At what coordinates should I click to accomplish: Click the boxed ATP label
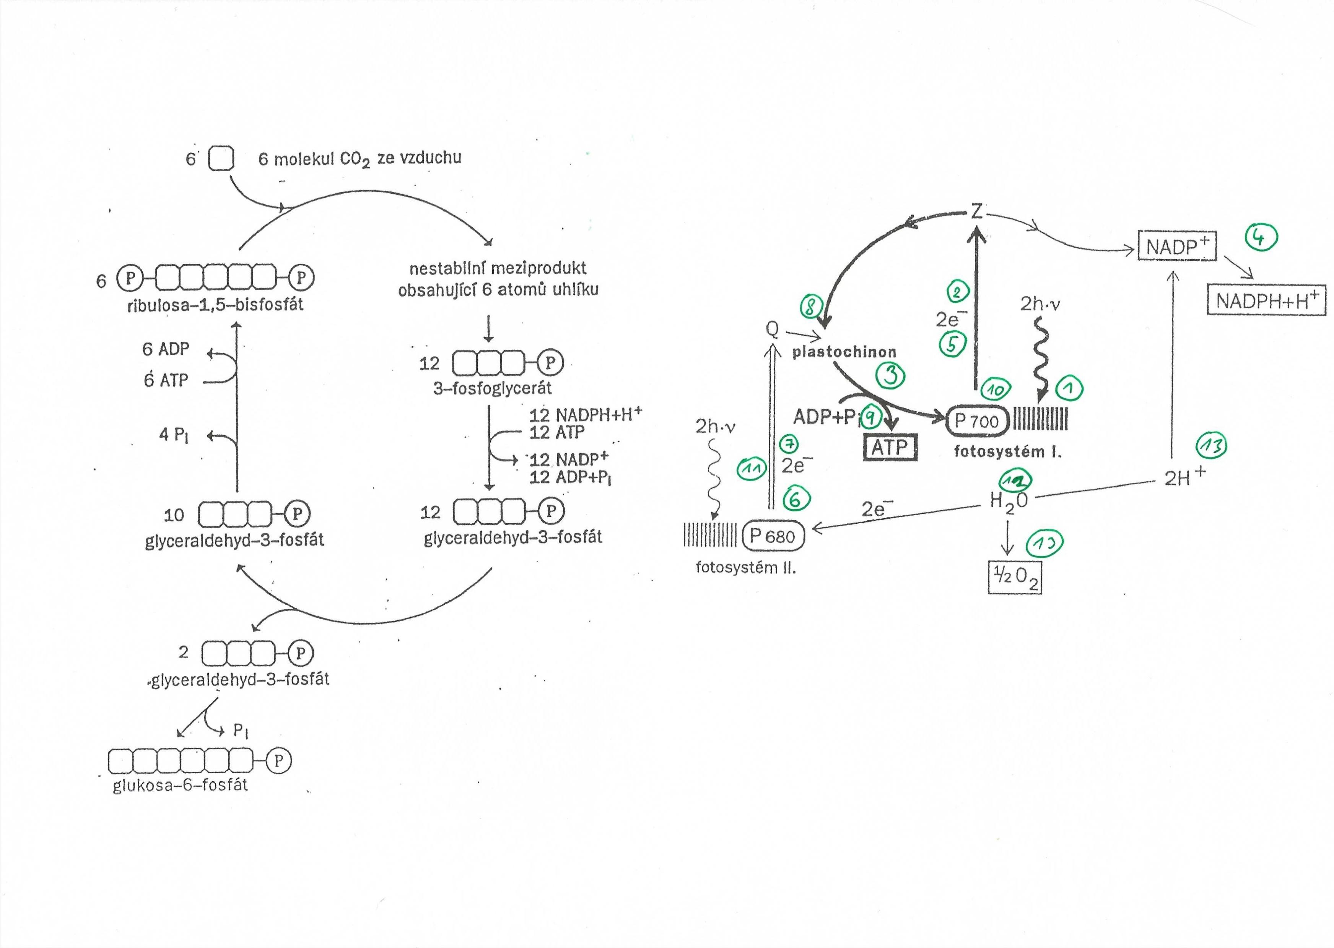(890, 448)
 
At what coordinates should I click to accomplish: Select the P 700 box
(976, 421)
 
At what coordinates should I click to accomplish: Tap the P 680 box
(773, 536)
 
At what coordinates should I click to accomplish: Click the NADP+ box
(1176, 246)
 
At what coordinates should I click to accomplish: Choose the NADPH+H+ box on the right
(1266, 300)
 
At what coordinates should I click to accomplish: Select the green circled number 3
(891, 375)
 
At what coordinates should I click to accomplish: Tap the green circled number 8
(811, 306)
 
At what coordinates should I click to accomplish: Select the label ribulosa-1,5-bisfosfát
(216, 304)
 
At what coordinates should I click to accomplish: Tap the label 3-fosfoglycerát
(492, 388)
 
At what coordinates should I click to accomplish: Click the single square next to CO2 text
(221, 158)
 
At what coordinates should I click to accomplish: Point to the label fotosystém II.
(745, 567)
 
